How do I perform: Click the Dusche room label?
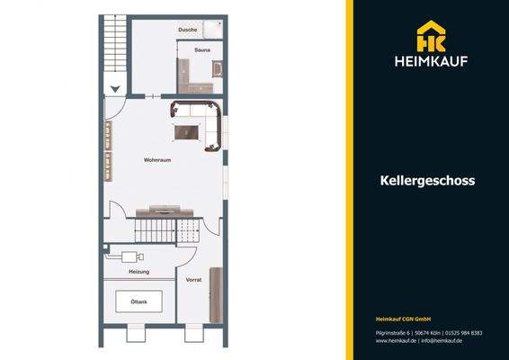click(x=187, y=30)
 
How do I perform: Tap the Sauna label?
click(x=201, y=50)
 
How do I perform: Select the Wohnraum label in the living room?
click(x=157, y=160)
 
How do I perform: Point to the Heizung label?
click(x=138, y=271)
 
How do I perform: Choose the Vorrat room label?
click(x=193, y=280)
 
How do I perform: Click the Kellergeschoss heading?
click(x=427, y=180)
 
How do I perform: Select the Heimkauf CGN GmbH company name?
click(x=404, y=319)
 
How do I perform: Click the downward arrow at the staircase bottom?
click(x=114, y=87)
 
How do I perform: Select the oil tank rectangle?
click(x=138, y=301)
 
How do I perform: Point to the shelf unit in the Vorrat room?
click(x=216, y=295)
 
